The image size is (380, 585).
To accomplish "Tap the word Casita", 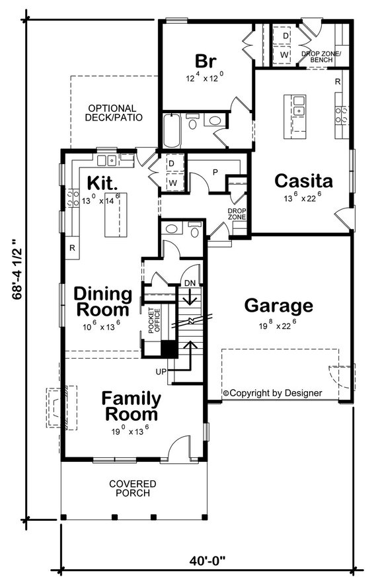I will [303, 180].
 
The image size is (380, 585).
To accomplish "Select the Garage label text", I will [278, 306].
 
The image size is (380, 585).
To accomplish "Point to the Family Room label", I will [130, 407].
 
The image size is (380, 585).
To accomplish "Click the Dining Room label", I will [103, 301].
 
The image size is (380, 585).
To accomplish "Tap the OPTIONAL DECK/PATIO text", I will [112, 113].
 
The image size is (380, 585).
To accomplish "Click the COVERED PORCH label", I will [130, 488].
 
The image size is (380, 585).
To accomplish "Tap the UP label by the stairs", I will [161, 373].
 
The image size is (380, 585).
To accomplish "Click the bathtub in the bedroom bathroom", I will [171, 131].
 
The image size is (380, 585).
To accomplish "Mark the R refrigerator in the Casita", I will [337, 82].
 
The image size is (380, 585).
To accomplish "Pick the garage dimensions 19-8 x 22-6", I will [278, 326].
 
